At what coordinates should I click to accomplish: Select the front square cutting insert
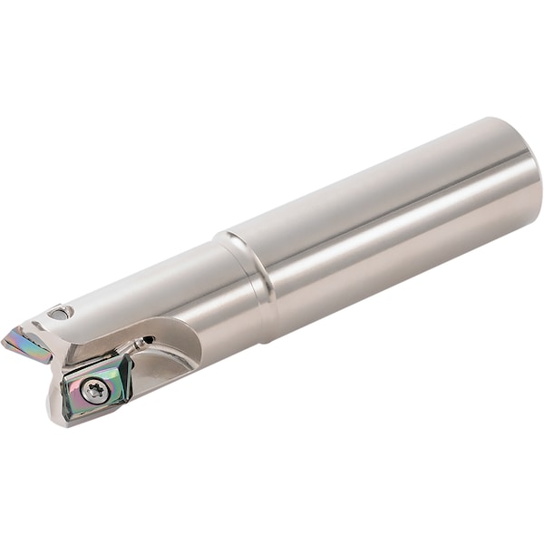[x=98, y=386]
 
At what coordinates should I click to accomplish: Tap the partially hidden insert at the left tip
[x=27, y=343]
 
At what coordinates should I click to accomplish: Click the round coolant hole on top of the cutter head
[x=60, y=313]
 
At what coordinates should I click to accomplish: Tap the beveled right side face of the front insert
[x=126, y=381]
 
